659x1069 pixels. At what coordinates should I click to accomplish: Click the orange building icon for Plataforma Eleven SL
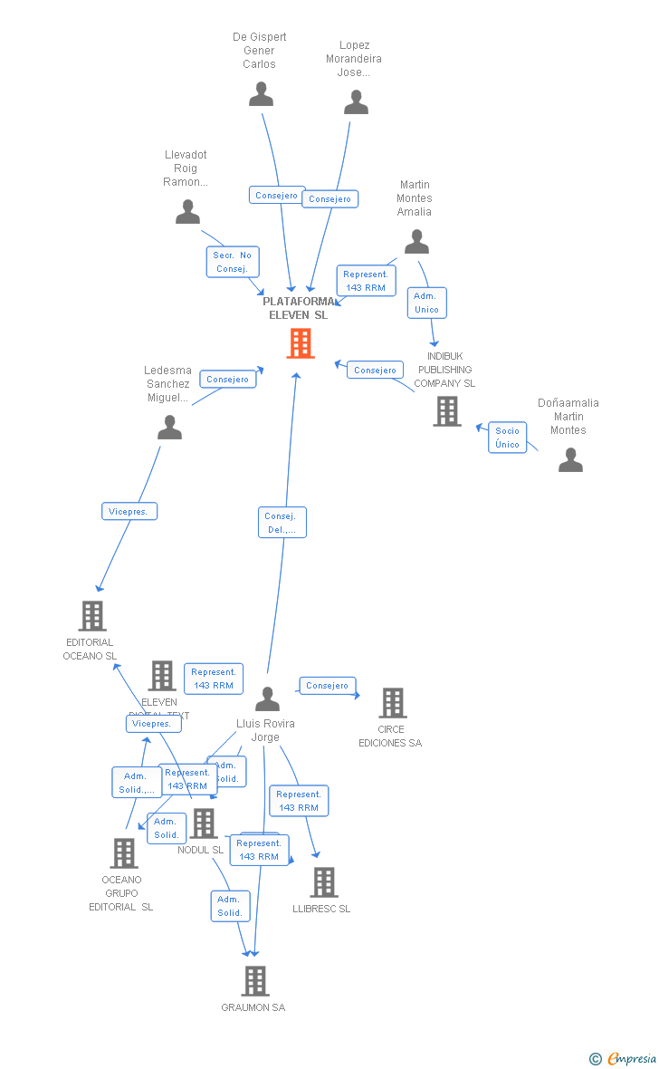[300, 343]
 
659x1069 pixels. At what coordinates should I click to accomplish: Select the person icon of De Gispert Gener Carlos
[261, 94]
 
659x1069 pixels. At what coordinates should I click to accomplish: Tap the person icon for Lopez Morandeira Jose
[356, 101]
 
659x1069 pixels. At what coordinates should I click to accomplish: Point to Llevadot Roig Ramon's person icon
[187, 212]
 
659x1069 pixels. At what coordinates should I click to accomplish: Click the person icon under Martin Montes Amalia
[416, 242]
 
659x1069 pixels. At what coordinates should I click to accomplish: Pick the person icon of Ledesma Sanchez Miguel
[169, 427]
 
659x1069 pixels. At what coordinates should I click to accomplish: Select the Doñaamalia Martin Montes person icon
[570, 460]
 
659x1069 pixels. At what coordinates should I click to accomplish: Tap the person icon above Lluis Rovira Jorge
[267, 698]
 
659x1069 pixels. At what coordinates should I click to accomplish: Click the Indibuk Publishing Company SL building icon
[446, 411]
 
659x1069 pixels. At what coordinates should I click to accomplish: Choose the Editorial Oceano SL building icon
[91, 616]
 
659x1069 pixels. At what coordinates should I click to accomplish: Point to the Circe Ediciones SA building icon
[392, 702]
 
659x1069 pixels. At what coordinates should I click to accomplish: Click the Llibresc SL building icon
[323, 881]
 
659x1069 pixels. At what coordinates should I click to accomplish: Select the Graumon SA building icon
[255, 980]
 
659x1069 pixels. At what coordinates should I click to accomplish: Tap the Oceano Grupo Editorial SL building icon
[123, 852]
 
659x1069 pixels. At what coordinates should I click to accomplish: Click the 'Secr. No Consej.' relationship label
[233, 262]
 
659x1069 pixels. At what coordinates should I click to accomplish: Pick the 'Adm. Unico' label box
[426, 303]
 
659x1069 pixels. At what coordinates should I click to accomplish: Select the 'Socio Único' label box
[508, 438]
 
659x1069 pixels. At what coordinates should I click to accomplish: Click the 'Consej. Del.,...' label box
[282, 523]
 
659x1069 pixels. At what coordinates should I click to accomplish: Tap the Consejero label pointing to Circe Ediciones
[327, 686]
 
